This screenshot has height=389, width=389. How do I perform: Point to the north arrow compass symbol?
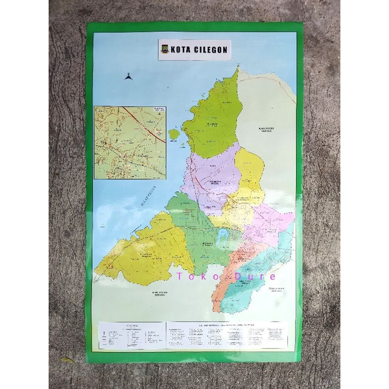point(129,76)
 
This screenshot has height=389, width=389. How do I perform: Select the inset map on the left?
point(130,142)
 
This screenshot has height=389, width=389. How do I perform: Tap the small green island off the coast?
point(174,134)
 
